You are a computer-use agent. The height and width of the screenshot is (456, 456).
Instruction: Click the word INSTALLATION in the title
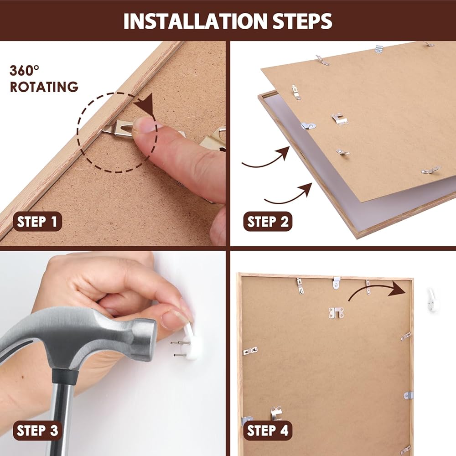click(195, 21)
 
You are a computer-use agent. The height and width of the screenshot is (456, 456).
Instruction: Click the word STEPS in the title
click(302, 21)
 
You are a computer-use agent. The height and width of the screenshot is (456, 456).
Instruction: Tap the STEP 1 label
click(37, 222)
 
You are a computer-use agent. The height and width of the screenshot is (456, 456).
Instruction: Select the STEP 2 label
click(268, 222)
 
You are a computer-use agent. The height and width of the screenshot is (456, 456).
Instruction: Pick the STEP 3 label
click(37, 430)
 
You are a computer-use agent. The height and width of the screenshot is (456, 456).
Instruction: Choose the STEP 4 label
click(268, 430)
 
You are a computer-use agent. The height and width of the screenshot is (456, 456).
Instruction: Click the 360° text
click(25, 71)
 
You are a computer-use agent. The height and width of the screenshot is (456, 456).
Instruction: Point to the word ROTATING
click(44, 87)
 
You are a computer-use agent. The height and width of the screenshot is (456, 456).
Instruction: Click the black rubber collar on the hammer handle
click(65, 376)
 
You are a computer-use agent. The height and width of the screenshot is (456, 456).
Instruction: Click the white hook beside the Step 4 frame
click(432, 300)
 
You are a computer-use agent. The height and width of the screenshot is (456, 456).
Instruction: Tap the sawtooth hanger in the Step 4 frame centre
click(336, 313)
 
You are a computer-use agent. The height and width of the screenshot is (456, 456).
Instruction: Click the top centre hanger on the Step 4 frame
click(336, 283)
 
